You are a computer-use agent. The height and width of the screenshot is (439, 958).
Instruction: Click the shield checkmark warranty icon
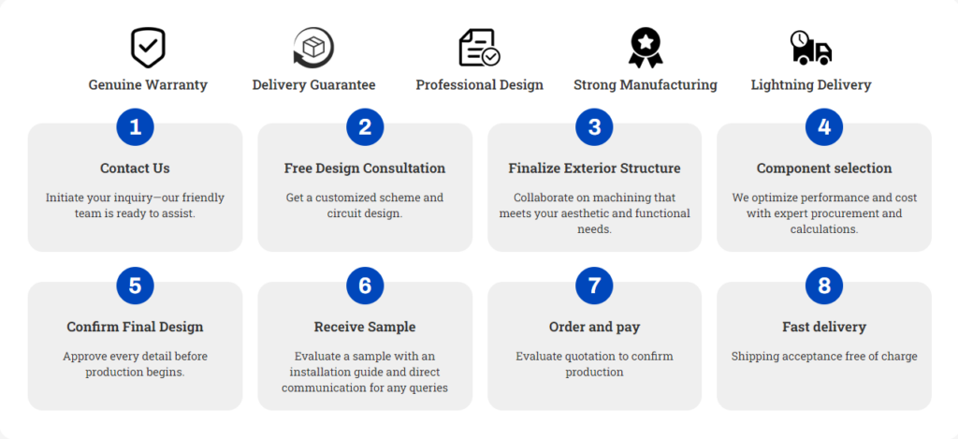coord(148,48)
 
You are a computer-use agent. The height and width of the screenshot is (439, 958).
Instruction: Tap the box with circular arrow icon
coord(313,48)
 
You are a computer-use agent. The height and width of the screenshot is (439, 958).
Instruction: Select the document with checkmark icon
coord(480,48)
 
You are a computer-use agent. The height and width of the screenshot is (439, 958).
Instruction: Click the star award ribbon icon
coord(646,48)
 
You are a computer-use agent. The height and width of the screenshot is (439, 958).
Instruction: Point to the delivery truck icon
coord(811,48)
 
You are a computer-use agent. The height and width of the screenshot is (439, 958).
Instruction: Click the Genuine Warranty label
coord(148,85)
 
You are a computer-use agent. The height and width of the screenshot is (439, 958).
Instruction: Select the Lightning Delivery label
coord(811,85)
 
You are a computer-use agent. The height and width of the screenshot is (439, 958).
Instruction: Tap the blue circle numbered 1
coord(135,127)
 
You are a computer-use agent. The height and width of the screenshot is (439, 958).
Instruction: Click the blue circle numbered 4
coord(824,127)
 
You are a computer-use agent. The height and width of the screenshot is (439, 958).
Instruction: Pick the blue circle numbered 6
coord(365,285)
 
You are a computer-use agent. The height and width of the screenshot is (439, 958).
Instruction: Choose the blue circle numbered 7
coord(594,285)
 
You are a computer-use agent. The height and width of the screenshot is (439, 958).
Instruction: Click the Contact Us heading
coord(135,168)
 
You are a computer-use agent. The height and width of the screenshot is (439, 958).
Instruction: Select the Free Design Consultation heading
coord(365,168)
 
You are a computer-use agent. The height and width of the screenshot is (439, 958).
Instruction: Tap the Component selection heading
coord(824,168)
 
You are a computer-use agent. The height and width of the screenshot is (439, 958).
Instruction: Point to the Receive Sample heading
coord(365,327)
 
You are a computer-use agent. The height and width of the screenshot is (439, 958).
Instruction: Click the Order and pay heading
coord(594,327)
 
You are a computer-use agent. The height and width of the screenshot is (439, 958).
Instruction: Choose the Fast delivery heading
coord(824,327)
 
